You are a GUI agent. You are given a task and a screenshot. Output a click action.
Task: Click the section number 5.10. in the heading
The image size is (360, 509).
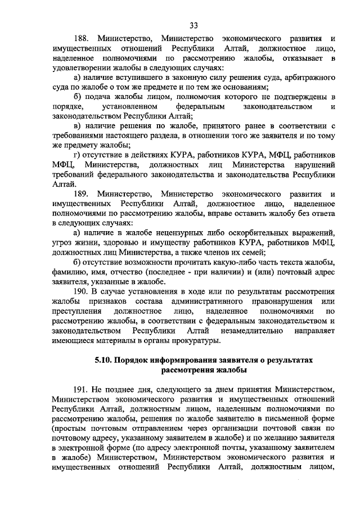coord(105,359)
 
